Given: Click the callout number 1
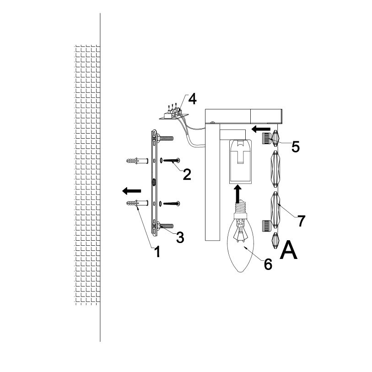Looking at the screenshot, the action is (157, 252).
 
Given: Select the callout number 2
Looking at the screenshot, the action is (187, 175).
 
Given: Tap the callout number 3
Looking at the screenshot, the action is (180, 237).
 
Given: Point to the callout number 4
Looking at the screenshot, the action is (192, 99).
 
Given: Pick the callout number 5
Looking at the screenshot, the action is (296, 147).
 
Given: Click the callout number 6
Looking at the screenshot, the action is (268, 264).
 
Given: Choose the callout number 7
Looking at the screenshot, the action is (301, 221).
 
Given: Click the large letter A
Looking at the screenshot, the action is (288, 250).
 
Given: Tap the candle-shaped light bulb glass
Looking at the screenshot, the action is (240, 244).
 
